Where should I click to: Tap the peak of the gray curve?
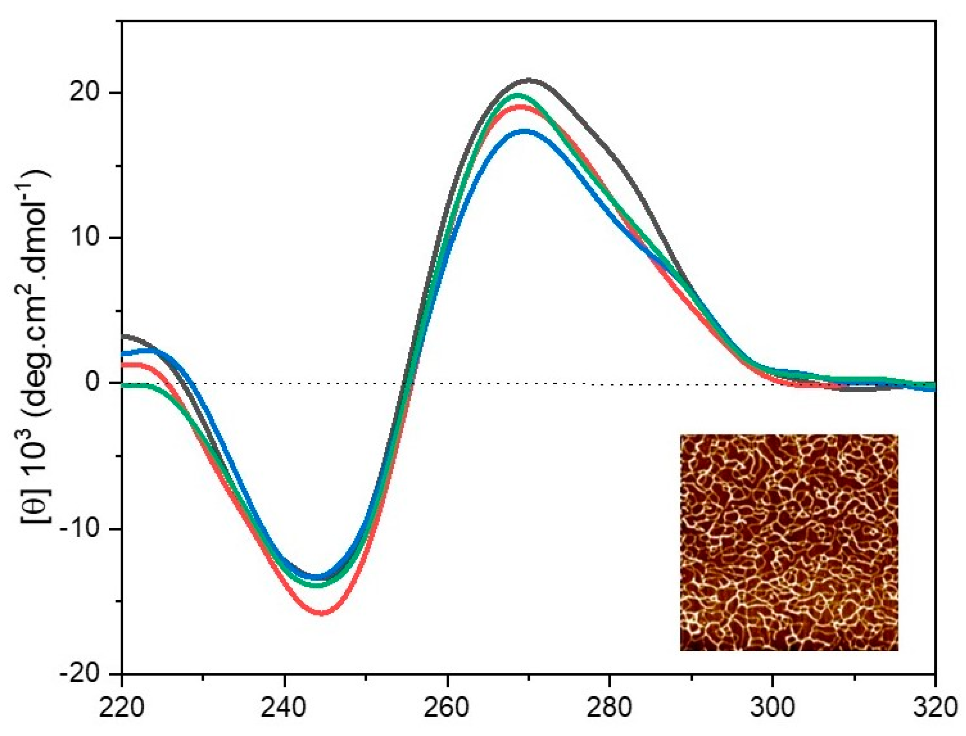coord(529,81)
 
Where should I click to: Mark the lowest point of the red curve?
coord(322,613)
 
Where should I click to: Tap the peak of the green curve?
coord(519,95)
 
